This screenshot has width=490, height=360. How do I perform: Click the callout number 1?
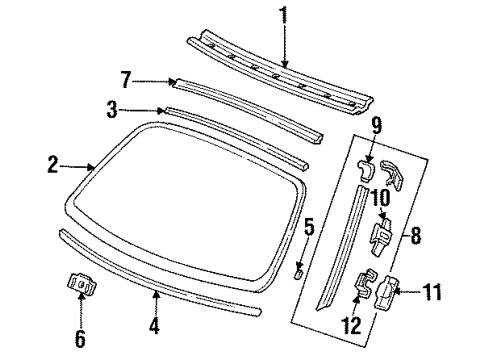[x=284, y=15]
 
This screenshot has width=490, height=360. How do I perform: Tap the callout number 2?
[x=53, y=165]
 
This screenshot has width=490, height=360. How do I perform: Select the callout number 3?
[x=112, y=110]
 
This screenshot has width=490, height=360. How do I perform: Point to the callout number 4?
[x=154, y=326]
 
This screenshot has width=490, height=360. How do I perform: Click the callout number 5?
[x=309, y=227]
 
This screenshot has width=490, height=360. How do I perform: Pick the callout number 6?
[x=80, y=339]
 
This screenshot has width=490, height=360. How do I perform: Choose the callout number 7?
[x=126, y=80]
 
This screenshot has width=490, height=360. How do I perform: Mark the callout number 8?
[x=416, y=235]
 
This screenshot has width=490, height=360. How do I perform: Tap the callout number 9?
[x=376, y=127]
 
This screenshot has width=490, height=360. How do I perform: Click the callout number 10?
[x=380, y=198]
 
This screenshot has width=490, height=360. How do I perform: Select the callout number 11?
[x=432, y=292]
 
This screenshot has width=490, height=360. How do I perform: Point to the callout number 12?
[x=351, y=325]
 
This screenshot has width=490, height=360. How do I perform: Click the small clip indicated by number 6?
[x=82, y=283]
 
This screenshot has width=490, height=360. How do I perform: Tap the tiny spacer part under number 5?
[x=299, y=274]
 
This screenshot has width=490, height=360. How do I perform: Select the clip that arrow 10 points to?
[x=381, y=236]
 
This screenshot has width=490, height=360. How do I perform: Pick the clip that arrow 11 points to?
[x=387, y=292]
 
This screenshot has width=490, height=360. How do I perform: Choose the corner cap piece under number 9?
[x=366, y=170]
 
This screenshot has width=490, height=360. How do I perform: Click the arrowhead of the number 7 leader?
[x=172, y=81]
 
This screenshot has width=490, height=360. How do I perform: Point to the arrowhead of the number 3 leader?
[x=162, y=110]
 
